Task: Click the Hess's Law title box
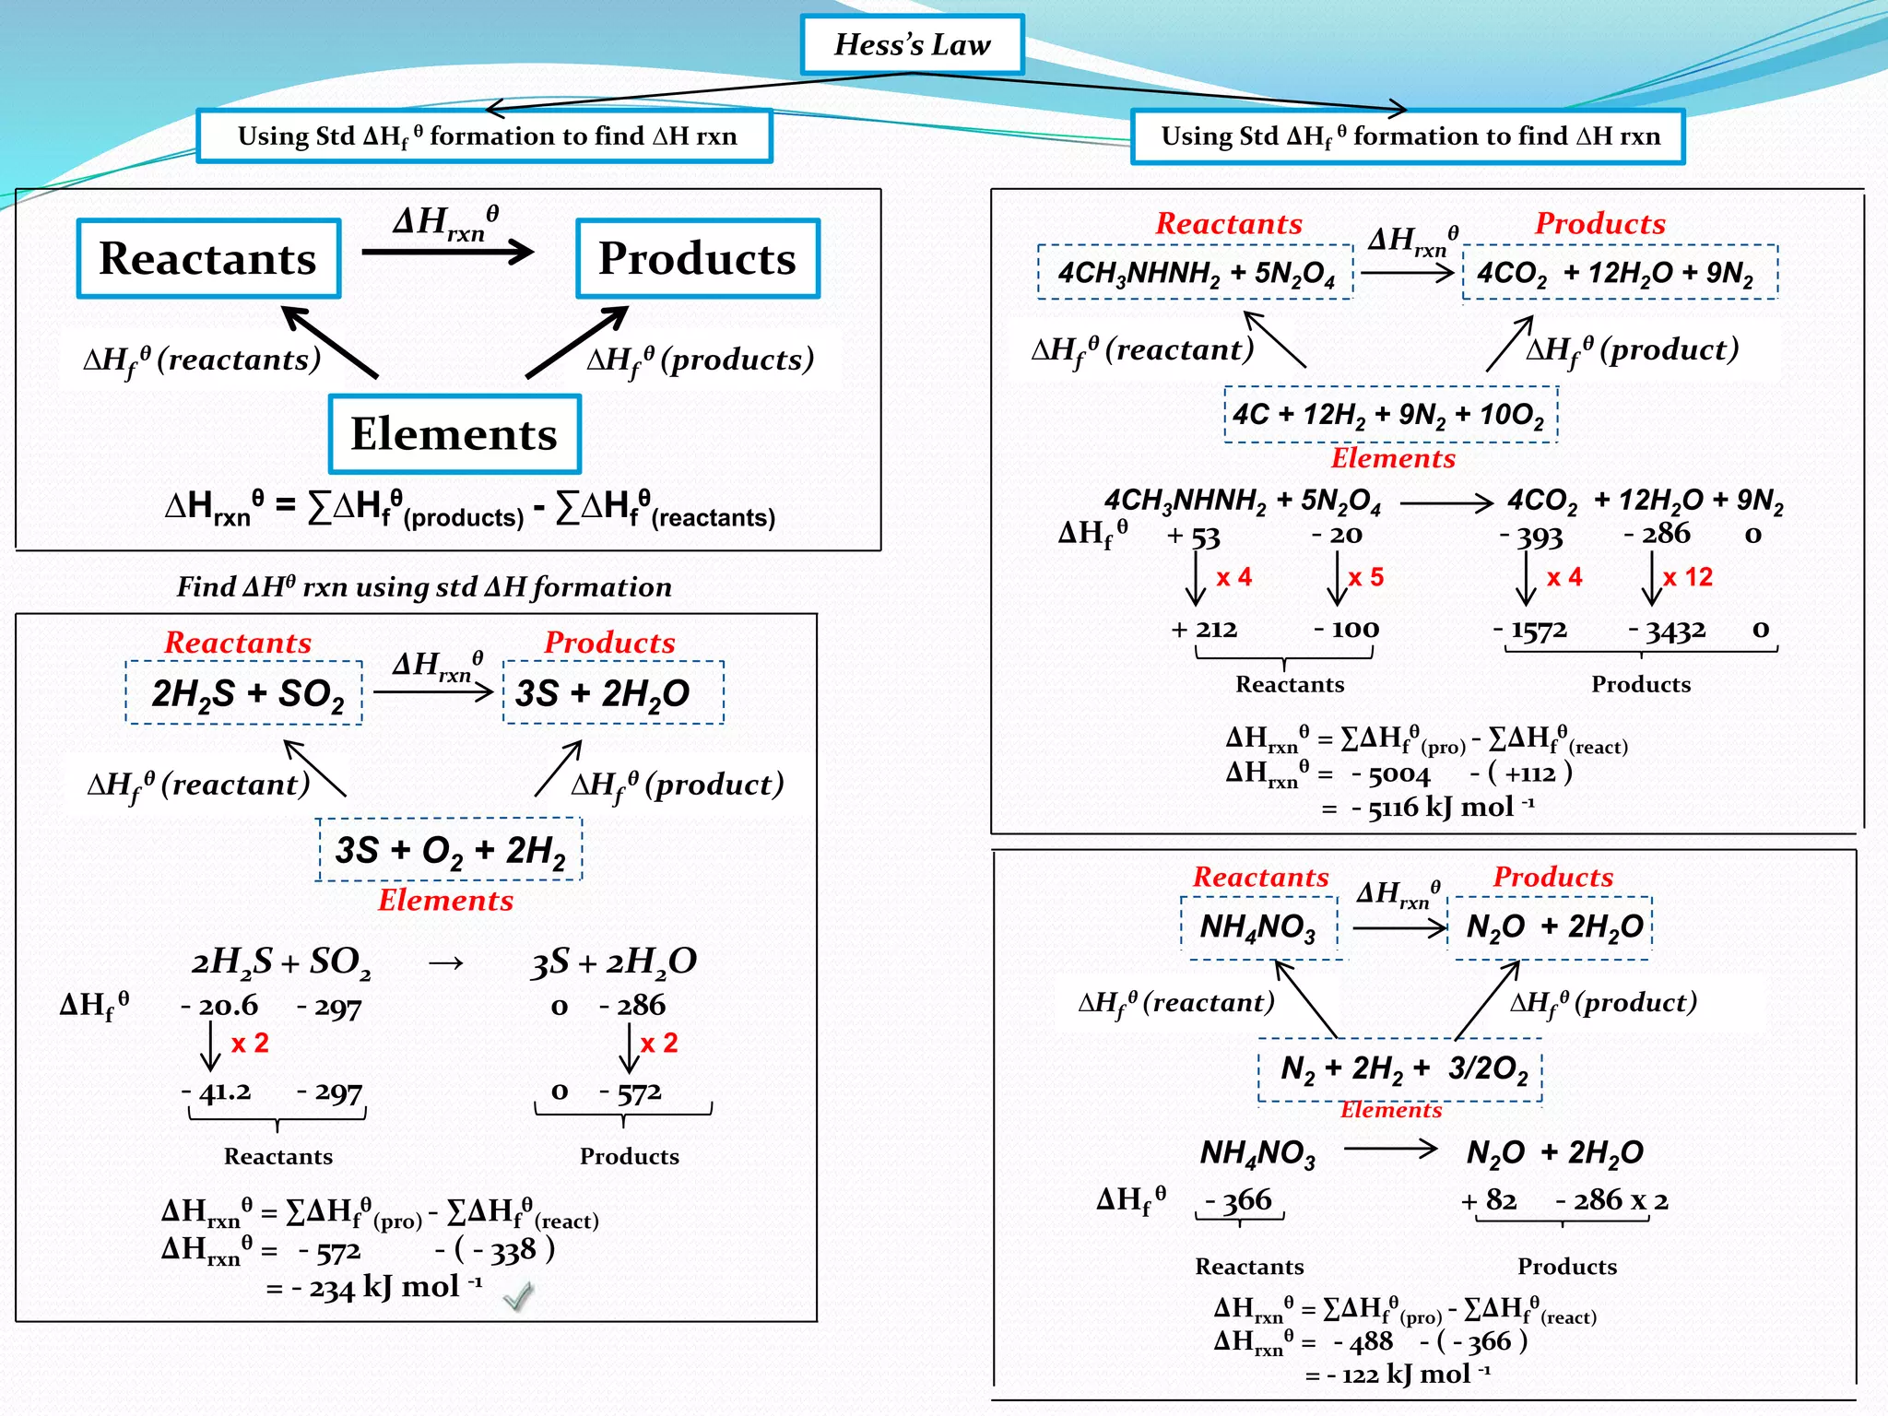point(912,44)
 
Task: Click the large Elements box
point(454,433)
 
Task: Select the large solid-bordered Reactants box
point(208,258)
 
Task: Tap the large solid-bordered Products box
point(697,258)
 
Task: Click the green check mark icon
point(518,1296)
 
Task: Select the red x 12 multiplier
point(1687,577)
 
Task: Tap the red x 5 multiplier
point(1365,577)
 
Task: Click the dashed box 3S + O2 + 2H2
point(450,849)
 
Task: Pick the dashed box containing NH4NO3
point(1258,926)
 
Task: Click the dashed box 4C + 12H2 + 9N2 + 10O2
point(1390,415)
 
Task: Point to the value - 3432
point(1667,630)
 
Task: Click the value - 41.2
point(218,1091)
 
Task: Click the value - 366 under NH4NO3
point(1239,1199)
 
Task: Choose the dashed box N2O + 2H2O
point(1551,926)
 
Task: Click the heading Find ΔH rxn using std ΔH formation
point(424,586)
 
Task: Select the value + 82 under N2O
point(1489,1199)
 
